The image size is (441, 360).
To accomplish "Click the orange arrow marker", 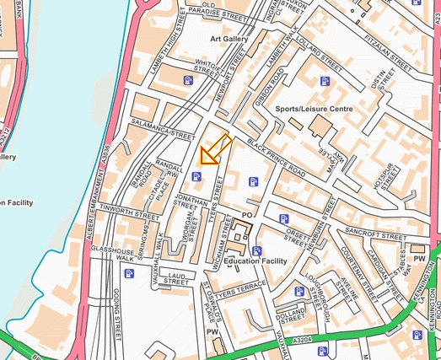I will point(214,149).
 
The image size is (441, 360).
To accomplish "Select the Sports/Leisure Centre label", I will point(314,110).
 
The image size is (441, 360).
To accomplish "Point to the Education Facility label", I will point(255,261).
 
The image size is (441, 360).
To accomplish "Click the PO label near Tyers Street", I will point(247,215).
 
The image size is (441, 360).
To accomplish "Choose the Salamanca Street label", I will point(164,131).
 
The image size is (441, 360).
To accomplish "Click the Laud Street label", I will point(176,279).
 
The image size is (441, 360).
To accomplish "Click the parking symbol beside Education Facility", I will point(257,250).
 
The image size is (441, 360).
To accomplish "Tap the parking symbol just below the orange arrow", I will point(196,176).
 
